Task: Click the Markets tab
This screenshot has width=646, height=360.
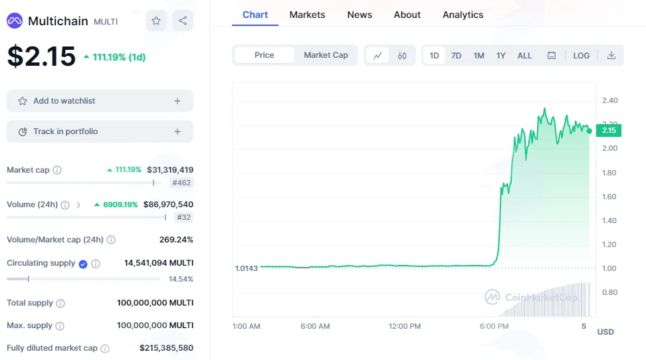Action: (307, 15)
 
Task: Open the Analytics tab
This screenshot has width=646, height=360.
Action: (463, 15)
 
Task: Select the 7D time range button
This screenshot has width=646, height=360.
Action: (456, 56)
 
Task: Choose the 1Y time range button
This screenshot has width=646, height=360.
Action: (500, 56)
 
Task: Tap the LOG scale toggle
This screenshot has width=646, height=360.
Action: (582, 56)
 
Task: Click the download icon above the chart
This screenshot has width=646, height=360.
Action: (611, 55)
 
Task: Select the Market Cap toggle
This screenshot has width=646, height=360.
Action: (326, 55)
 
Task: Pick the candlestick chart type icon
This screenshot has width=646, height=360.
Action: (402, 56)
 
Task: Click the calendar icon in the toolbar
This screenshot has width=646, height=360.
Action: (551, 55)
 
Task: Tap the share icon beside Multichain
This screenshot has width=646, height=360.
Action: (183, 21)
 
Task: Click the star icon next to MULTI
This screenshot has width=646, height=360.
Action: (156, 21)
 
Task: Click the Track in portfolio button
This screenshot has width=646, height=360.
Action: (100, 132)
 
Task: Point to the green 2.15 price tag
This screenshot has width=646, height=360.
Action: (609, 131)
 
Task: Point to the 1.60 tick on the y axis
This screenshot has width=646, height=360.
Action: (609, 197)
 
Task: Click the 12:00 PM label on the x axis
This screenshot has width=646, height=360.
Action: (405, 326)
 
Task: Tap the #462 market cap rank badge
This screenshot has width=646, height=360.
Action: (181, 183)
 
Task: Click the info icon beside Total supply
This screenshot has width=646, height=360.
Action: (60, 304)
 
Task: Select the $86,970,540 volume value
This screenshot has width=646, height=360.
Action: (168, 205)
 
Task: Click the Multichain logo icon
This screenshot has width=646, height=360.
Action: (15, 21)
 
